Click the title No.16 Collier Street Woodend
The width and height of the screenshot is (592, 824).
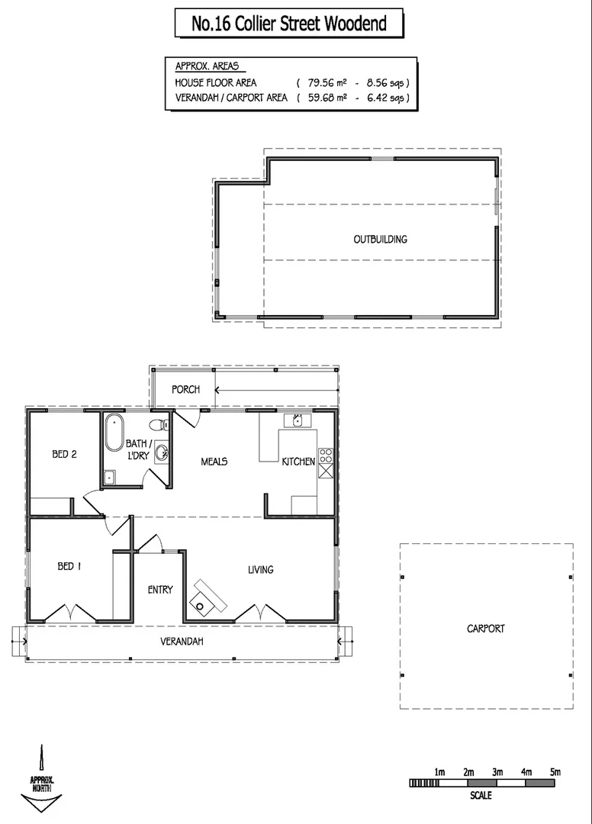pos(289,24)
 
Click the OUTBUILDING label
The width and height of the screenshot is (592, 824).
pos(380,239)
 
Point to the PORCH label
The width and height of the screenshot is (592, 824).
pos(185,389)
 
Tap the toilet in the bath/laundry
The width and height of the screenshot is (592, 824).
pos(158,425)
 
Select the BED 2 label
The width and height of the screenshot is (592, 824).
pos(65,454)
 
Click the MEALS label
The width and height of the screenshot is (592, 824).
pos(214,461)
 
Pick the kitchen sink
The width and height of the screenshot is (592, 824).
pos(297,420)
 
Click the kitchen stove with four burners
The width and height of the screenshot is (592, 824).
pos(326,455)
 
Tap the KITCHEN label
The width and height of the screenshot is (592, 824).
pos(298,462)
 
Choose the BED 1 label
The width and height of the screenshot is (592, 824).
pos(66,566)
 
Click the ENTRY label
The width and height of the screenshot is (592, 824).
pos(160,589)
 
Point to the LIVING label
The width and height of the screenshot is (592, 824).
pos(261,569)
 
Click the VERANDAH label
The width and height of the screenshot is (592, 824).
pos(182,642)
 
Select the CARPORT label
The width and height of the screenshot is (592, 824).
pos(486,629)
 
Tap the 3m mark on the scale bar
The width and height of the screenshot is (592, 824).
pos(497,773)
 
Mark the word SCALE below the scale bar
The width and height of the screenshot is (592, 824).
pos(481,796)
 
